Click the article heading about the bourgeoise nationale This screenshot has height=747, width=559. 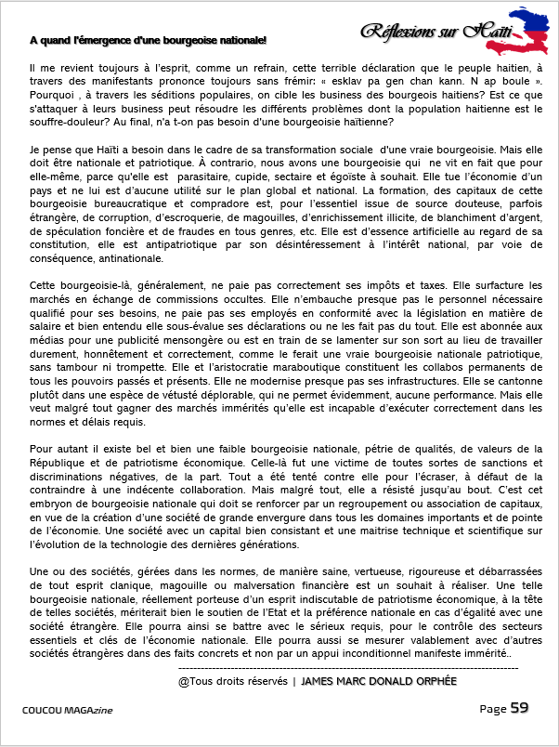148,40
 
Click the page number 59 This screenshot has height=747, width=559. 519,708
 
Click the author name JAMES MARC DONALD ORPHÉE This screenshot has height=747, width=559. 380,681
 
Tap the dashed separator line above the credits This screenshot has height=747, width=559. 348,667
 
